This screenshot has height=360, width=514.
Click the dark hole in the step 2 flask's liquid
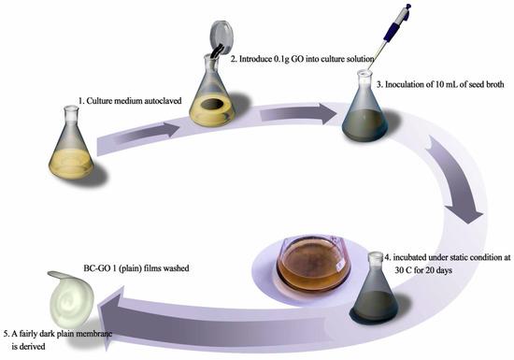pyautogui.click(x=212, y=105)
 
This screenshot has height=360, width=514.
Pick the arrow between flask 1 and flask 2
pyautogui.click(x=149, y=133)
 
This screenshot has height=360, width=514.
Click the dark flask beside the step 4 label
pyautogui.click(x=375, y=289)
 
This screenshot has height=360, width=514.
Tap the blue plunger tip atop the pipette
pyautogui.click(x=407, y=7)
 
